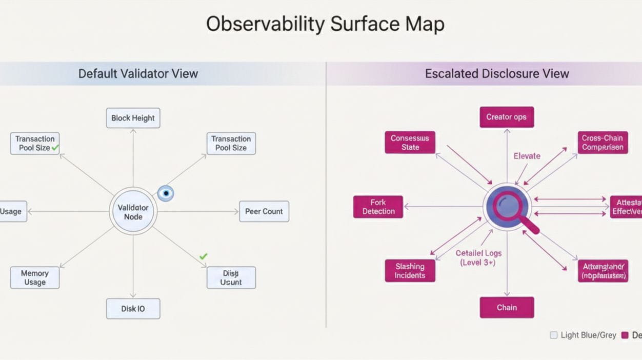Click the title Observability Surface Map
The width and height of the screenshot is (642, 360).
(325, 24)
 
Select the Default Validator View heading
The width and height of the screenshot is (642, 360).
(138, 73)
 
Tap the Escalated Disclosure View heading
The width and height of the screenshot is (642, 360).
(496, 73)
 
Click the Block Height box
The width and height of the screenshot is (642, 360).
(133, 118)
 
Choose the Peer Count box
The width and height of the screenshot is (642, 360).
(264, 211)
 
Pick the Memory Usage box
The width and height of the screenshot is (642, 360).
(35, 277)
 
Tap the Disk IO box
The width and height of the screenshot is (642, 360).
(133, 309)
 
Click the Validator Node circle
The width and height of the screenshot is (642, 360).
(133, 212)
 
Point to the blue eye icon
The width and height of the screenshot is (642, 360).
(165, 193)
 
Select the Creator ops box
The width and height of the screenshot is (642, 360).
(506, 117)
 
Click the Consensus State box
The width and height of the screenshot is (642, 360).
(410, 143)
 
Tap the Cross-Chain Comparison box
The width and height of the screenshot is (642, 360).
(603, 143)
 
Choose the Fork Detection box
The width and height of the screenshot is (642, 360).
(378, 207)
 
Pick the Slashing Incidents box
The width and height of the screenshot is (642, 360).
(410, 271)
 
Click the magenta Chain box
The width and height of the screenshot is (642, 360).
(507, 308)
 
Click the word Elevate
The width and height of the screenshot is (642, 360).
(527, 156)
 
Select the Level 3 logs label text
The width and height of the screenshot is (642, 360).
(478, 257)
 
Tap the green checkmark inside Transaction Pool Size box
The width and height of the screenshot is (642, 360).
(55, 148)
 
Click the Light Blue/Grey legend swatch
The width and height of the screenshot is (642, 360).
(553, 335)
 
